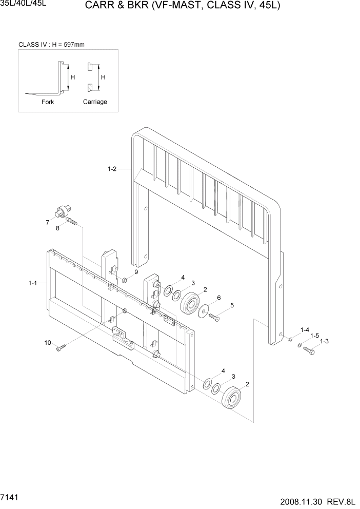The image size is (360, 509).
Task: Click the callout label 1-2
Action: click(112, 169)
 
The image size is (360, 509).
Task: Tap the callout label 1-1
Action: click(33, 283)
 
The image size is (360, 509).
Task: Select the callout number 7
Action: click(47, 222)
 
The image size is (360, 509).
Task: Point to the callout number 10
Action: click(48, 342)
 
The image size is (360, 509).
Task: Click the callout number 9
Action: click(136, 272)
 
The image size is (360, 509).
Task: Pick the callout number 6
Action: click(218, 298)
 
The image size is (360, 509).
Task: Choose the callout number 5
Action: click(232, 305)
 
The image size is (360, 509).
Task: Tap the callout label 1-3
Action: click(324, 341)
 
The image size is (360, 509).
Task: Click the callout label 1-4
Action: click(305, 330)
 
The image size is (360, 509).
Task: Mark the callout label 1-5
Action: click(314, 335)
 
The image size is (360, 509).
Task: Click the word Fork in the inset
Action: click(48, 102)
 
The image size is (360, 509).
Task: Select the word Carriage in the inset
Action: click(95, 102)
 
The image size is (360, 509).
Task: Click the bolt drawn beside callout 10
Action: click(62, 349)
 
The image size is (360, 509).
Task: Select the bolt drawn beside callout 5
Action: click(214, 318)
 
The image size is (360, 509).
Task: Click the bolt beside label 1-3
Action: click(309, 351)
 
